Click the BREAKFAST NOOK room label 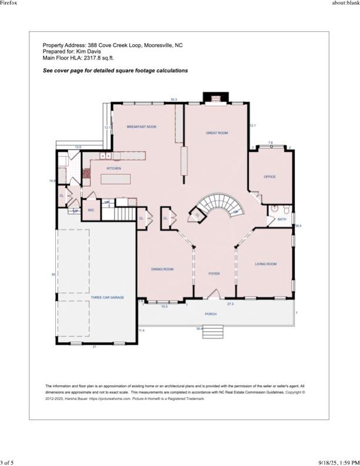point(142,127)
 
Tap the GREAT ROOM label point(216,133)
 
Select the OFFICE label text point(269,177)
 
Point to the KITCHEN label point(114,168)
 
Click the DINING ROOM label point(162,269)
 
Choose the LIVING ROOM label point(265,264)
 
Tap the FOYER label point(214,274)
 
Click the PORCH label point(211,314)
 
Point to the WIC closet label point(91,209)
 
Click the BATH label point(282,219)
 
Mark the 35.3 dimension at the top point(174,99)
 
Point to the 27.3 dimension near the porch point(230,304)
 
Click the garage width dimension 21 point(94,348)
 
